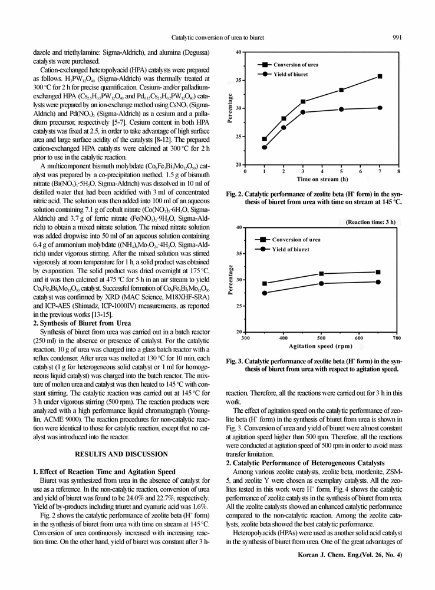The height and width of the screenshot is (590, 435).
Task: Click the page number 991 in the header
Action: tap(397, 38)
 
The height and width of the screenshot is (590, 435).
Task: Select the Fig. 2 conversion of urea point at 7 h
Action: tap(380, 77)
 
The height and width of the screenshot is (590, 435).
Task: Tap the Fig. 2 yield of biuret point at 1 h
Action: tap(265, 147)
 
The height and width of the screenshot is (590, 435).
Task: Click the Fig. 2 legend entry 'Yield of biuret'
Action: tap(290, 75)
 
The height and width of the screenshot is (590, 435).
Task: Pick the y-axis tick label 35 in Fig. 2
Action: tap(238, 80)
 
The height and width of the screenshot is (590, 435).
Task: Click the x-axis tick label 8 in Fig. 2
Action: tap(399, 171)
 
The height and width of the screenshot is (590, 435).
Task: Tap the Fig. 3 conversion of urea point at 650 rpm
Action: tap(378, 272)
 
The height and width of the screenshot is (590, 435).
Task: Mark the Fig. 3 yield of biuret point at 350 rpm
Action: tap(264, 293)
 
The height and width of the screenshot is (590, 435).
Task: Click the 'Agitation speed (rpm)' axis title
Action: tap(321, 346)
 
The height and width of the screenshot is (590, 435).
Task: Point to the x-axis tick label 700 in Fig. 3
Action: tap(397, 339)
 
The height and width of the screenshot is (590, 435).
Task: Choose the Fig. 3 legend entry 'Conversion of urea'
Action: tap(296, 240)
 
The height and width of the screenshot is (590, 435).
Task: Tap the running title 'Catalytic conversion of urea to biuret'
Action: tap(218, 38)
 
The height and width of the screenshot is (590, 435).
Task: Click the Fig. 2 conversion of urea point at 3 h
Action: tap(303, 101)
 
